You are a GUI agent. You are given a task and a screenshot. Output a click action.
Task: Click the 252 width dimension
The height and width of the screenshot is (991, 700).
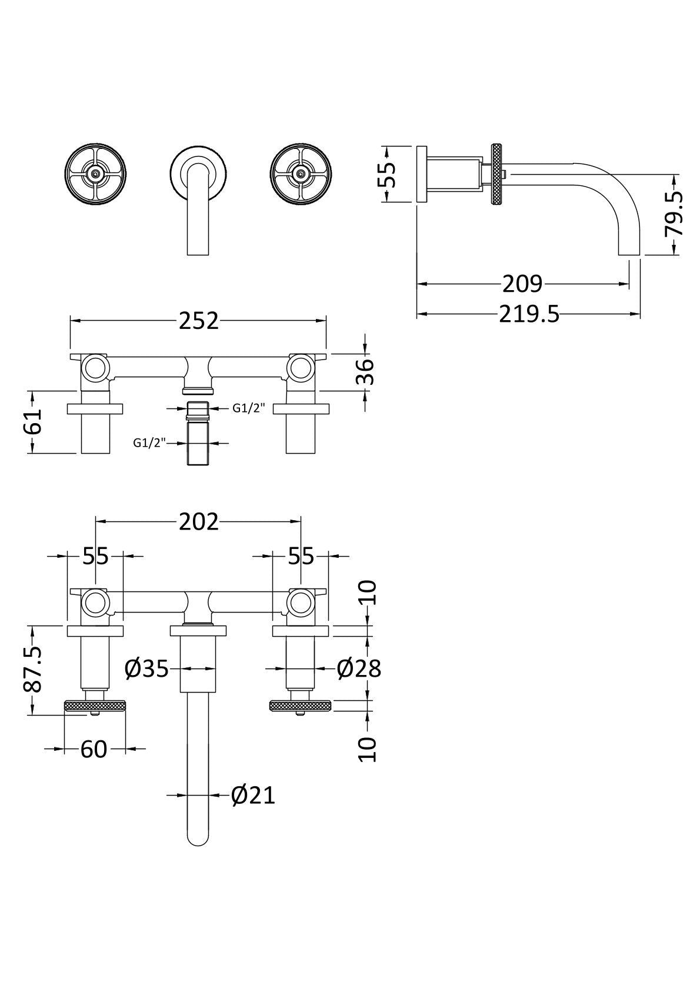click(x=198, y=321)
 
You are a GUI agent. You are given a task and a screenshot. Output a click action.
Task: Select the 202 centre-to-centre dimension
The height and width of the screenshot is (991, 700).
click(x=198, y=522)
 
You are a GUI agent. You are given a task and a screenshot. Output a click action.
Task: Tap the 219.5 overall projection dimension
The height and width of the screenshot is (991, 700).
click(x=529, y=315)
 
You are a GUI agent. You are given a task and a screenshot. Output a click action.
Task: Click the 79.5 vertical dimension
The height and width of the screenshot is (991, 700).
click(x=674, y=213)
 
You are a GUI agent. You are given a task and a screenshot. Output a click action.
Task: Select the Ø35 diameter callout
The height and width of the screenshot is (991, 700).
click(x=146, y=669)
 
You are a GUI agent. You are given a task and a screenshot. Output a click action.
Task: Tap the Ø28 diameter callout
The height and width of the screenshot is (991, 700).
click(x=359, y=669)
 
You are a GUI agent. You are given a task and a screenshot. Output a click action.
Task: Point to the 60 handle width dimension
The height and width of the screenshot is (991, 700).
click(x=94, y=749)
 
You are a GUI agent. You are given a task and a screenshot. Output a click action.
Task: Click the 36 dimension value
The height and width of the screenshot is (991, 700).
click(x=366, y=372)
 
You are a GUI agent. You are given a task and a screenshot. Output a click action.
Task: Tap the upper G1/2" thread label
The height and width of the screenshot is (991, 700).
click(x=249, y=408)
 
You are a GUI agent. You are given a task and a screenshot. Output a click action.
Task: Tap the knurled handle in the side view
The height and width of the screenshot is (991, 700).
click(x=498, y=174)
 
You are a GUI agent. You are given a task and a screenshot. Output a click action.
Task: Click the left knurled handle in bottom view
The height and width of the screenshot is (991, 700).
click(x=94, y=704)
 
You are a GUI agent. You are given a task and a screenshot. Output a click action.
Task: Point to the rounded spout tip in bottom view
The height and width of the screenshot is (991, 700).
click(x=198, y=839)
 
